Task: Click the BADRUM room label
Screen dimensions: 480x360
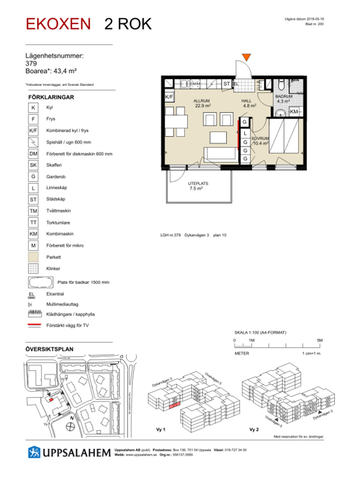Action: tap(282, 97)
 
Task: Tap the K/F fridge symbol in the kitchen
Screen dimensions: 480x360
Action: tap(170, 97)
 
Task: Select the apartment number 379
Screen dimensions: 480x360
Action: tap(31, 64)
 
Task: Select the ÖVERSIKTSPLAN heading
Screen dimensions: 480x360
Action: tap(51, 350)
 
